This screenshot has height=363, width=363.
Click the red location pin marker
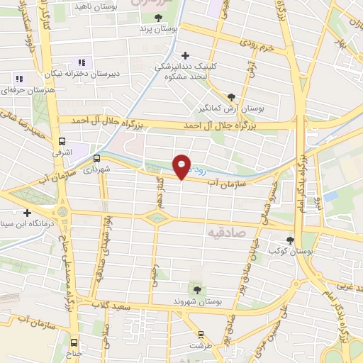click(x=182, y=166)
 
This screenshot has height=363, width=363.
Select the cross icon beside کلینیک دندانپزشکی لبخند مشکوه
click(x=186, y=55)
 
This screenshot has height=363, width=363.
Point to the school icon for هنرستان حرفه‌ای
click(x=19, y=79)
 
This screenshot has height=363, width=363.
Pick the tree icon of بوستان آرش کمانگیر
click(x=232, y=98)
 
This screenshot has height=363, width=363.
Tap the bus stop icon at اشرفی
click(x=62, y=140)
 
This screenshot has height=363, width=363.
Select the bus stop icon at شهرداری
click(x=96, y=159)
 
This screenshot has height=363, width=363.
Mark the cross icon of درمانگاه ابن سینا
click(x=27, y=213)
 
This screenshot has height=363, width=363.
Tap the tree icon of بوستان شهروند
click(x=197, y=289)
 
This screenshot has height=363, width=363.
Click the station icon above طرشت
click(x=201, y=333)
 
